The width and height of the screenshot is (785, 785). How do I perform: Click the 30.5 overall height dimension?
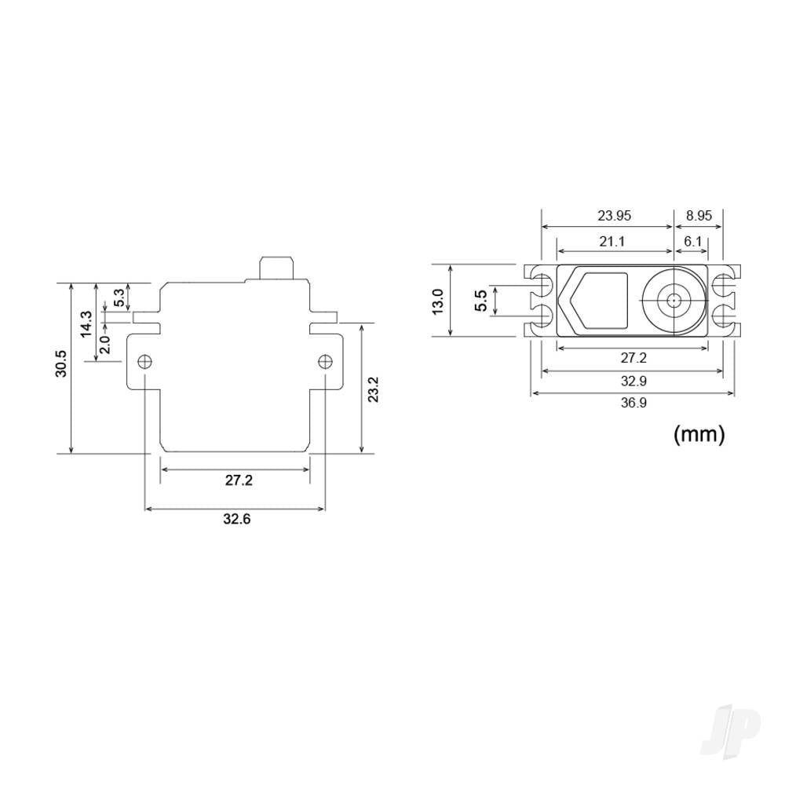tap(60, 367)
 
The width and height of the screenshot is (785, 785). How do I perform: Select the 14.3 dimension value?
tap(86, 324)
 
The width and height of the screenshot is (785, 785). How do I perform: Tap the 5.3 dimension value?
tap(119, 298)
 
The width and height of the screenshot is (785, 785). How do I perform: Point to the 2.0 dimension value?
tap(104, 344)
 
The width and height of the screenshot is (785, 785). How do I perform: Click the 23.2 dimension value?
tap(372, 389)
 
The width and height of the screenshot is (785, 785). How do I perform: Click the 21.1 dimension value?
tap(612, 242)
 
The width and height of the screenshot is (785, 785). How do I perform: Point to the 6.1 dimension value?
tap(692, 242)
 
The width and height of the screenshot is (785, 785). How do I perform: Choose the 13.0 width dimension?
tap(438, 301)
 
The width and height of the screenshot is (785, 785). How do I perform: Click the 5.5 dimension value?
tap(481, 301)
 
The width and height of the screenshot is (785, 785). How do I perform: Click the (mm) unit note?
tap(699, 434)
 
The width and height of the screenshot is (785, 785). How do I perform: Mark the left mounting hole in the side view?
tap(144, 361)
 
